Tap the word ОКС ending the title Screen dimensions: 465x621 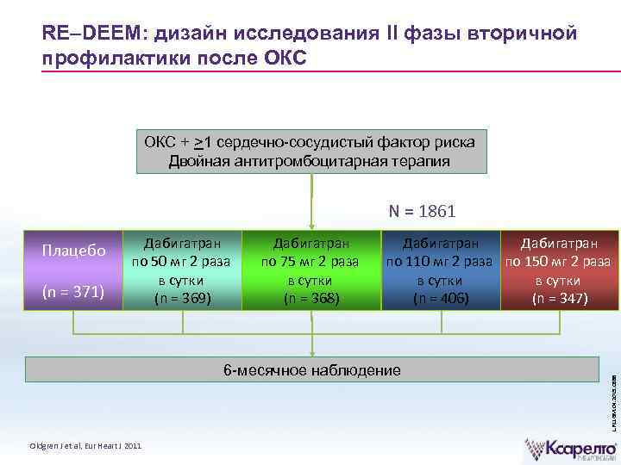click(x=280, y=59)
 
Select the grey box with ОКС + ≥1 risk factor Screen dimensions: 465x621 click(x=311, y=151)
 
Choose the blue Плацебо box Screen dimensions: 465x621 click(x=74, y=268)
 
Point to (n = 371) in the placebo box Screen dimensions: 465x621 click(x=74, y=293)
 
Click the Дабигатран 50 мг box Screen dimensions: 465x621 click(x=180, y=268)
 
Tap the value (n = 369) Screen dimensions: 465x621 click(x=180, y=299)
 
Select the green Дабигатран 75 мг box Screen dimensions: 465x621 click(x=311, y=268)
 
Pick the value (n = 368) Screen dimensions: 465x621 click(x=311, y=299)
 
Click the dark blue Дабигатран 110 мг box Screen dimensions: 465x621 click(x=441, y=268)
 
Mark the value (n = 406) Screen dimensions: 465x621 click(x=441, y=299)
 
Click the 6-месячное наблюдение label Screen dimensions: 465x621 click(x=311, y=370)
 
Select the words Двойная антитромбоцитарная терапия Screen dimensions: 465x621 click(x=311, y=161)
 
